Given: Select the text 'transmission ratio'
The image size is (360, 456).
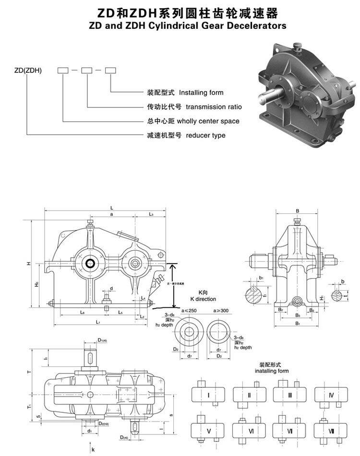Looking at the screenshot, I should (x=214, y=107).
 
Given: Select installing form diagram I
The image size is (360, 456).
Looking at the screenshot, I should (x=208, y=395).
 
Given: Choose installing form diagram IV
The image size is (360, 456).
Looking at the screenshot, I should (x=331, y=395).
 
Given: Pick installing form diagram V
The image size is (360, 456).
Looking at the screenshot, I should (x=208, y=431).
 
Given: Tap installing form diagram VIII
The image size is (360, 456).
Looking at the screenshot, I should (x=331, y=431).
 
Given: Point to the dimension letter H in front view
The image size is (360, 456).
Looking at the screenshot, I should (x=28, y=264).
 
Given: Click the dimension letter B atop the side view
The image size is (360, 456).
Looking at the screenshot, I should (x=297, y=211).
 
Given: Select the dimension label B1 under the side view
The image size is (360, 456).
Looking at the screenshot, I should (x=297, y=324).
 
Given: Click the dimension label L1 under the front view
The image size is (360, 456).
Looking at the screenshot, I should (x=97, y=322).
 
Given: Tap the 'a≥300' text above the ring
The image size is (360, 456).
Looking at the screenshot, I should (x=220, y=311).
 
